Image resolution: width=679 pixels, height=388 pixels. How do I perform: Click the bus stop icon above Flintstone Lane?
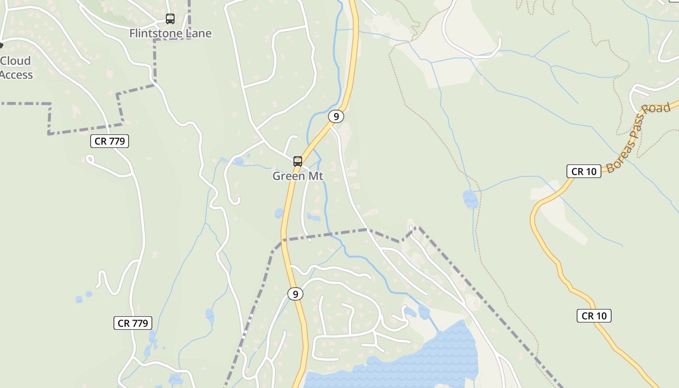pos(170,19)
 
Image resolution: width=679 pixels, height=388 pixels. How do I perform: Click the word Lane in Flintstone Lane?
pos(199,33)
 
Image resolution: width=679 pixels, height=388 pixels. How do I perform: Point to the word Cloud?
pos(16,61)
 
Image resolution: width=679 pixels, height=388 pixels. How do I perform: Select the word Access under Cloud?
pos(16,75)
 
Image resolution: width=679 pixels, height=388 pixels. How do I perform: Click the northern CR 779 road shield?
pos(110,141)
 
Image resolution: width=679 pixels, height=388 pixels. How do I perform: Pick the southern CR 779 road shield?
pos(133,323)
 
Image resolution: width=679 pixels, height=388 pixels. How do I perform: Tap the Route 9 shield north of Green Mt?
pos(336,116)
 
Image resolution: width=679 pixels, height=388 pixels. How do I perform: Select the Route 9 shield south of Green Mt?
pos(295,294)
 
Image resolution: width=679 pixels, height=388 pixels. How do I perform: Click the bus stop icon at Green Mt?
pos(298,162)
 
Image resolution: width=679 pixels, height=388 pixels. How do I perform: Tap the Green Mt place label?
pos(298,176)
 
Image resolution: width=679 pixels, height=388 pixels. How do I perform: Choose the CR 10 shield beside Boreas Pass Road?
pos(583,171)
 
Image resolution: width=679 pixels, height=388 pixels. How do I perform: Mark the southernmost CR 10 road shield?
pos(594,316)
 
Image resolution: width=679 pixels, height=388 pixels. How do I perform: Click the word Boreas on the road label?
pos(618,155)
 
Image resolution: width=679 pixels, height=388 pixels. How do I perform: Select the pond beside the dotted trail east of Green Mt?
pos(470,199)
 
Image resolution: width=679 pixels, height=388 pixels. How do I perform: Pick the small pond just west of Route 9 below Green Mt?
pos(279,213)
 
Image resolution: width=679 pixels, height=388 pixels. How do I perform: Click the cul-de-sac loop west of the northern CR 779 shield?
pos(89,158)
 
